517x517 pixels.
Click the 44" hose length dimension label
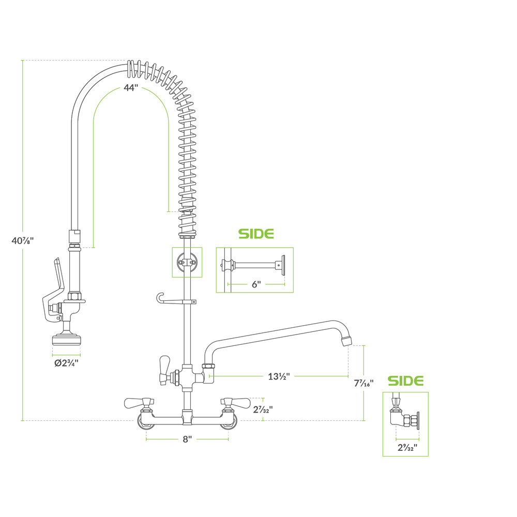(x=131, y=88)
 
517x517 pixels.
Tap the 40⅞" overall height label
(x=23, y=241)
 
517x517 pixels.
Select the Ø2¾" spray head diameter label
(x=67, y=363)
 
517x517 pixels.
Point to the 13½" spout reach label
(x=279, y=376)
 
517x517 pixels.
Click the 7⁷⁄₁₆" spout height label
(x=364, y=383)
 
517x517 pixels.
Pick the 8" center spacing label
(x=187, y=439)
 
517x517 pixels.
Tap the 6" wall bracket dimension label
(x=256, y=284)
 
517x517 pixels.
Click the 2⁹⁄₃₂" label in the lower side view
(x=407, y=447)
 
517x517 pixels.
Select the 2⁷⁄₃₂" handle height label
(x=263, y=409)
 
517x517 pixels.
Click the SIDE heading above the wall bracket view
(x=256, y=234)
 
